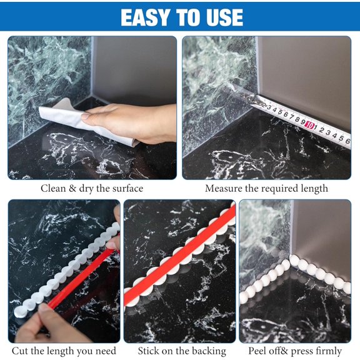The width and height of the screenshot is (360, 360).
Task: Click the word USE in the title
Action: tap(219, 17)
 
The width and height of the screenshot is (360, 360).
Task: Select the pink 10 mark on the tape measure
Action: tap(309, 124)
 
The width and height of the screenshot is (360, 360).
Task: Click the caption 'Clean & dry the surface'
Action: tap(92, 188)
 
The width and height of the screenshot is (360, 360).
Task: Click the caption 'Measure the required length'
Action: tap(266, 188)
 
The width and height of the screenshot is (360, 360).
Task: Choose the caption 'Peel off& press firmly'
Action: tap(295, 351)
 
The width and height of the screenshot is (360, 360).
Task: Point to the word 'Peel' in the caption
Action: tap(259, 351)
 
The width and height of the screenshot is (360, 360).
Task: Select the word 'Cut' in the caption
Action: tap(20, 351)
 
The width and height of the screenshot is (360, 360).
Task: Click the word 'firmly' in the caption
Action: tap(327, 351)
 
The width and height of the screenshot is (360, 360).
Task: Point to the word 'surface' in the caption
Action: tap(126, 188)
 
